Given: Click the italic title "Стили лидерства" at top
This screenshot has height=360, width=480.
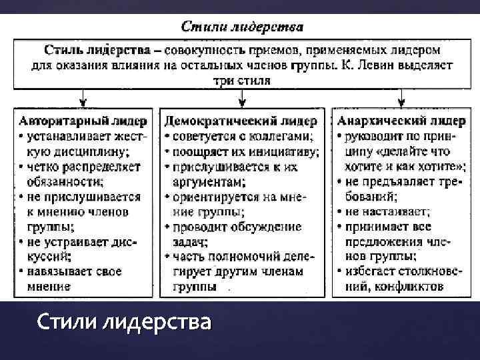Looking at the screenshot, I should coord(242,28).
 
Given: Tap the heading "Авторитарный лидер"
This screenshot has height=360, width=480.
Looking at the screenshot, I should coord(83,121).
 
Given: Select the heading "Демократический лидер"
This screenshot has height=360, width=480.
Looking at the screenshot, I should coord(240,121).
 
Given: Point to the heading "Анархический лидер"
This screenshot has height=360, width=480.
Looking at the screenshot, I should coord(401,121).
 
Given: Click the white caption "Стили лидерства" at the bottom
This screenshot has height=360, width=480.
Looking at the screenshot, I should coord(124,323).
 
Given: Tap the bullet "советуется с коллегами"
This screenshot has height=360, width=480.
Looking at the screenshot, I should coord(244,136).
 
